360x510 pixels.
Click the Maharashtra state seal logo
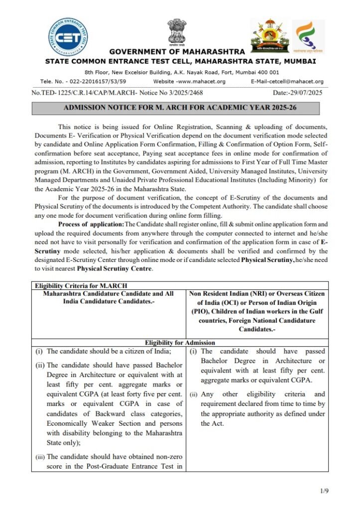tap(269, 35)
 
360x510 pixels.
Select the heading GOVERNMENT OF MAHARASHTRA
tap(177, 52)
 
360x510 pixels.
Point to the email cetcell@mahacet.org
tap(287, 82)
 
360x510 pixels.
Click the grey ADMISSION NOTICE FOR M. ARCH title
tap(176, 108)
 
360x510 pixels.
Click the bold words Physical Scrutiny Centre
tap(114, 268)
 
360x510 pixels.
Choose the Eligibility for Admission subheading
tap(180, 343)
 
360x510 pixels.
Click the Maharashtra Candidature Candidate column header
tap(108, 297)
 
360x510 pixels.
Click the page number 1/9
tap(325, 491)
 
